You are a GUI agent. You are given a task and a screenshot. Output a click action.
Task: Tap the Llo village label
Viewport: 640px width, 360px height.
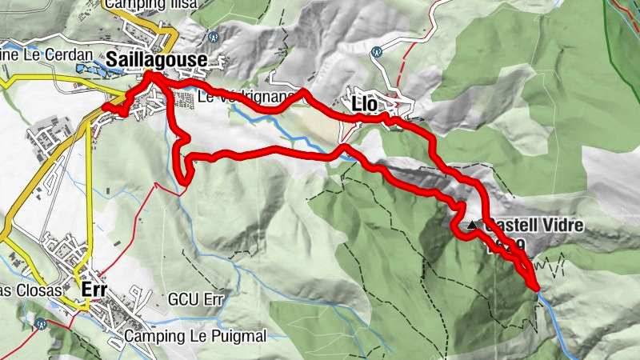click(x=364, y=104)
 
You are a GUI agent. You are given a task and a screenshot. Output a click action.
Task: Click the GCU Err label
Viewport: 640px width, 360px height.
click(x=193, y=299)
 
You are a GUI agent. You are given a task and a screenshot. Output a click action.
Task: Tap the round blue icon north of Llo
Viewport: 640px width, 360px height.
click(x=376, y=50)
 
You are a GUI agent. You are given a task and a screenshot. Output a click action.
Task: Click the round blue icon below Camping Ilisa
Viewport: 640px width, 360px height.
click(x=213, y=36)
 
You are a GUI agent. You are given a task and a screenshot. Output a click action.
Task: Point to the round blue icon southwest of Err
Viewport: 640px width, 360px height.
click(x=39, y=323)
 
